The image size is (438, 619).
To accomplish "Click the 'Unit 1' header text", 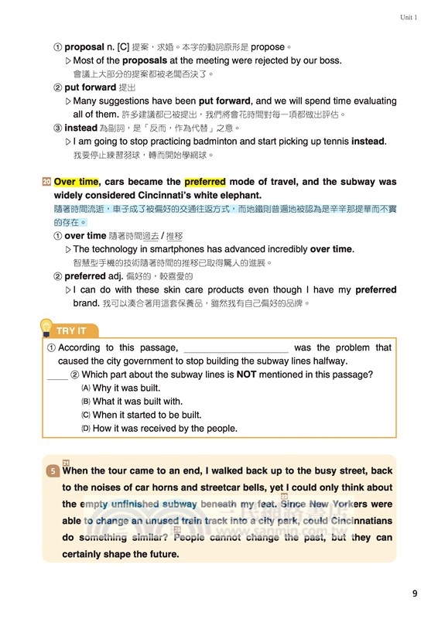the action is pos(408,17).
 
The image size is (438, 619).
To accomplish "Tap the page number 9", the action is pos(415,593).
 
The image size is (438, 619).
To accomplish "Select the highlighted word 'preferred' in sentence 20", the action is pos(204,182).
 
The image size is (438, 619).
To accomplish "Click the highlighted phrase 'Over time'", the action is pos(77,182).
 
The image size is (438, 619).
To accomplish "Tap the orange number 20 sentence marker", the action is pos(46,182).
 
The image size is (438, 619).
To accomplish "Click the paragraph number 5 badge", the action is pos(51,470).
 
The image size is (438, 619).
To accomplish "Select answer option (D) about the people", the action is pos(159,428).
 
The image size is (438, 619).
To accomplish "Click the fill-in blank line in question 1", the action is pos(236,348).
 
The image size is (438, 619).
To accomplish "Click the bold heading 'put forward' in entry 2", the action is pos(90,87).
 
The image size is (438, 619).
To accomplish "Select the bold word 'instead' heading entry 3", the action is pos(81,128).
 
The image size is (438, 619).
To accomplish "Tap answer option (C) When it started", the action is pos(146,415).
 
